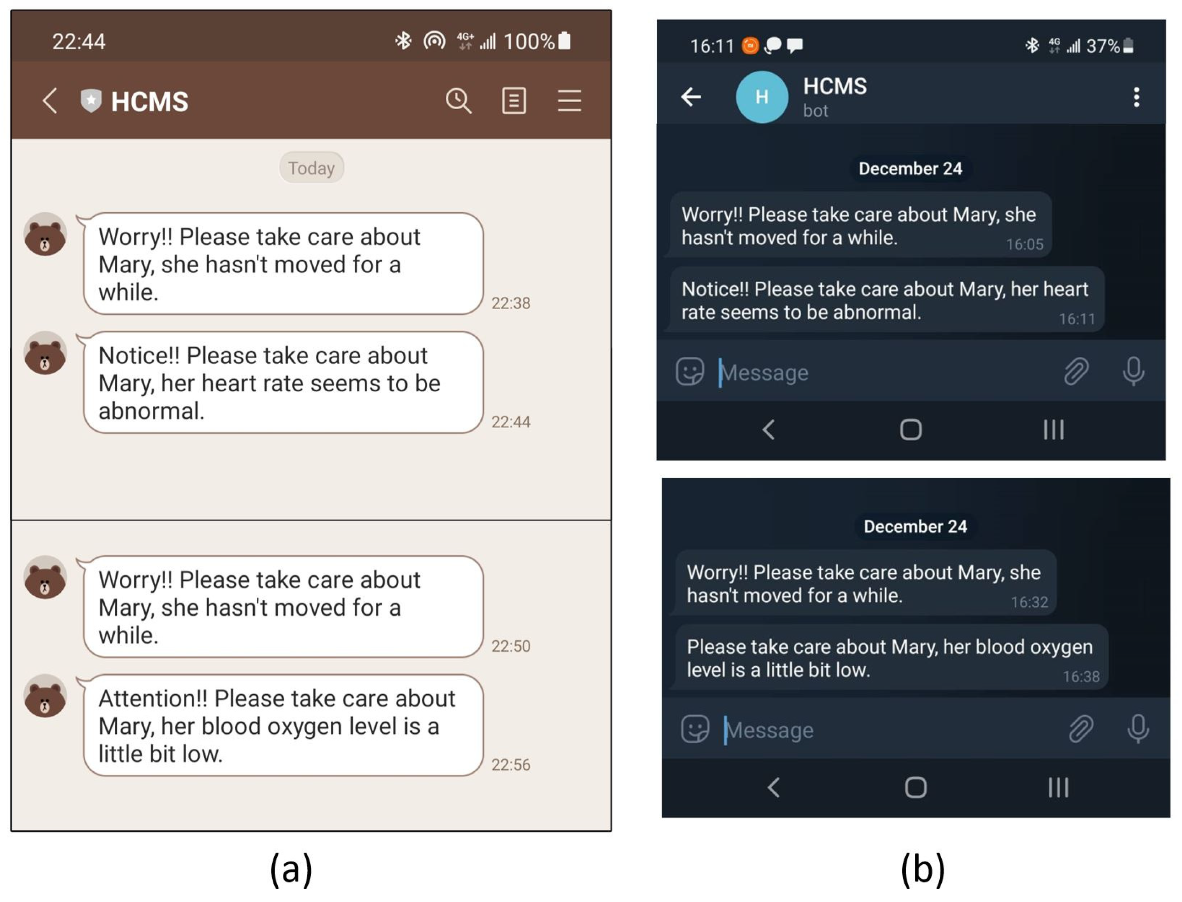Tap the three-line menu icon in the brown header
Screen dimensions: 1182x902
pos(569,100)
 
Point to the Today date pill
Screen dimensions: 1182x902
pos(311,168)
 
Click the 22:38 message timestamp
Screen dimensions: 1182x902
pos(510,303)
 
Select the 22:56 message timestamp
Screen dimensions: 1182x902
pos(510,765)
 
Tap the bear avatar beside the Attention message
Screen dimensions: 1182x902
pos(45,696)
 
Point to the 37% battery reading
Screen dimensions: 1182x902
pos(1103,46)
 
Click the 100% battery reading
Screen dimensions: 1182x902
pos(529,41)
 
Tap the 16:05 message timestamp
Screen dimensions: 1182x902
pos(1024,245)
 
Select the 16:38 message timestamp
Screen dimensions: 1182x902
pos(1081,676)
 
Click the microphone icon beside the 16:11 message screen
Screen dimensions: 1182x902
pos(1133,371)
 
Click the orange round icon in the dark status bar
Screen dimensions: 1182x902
pos(750,46)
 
